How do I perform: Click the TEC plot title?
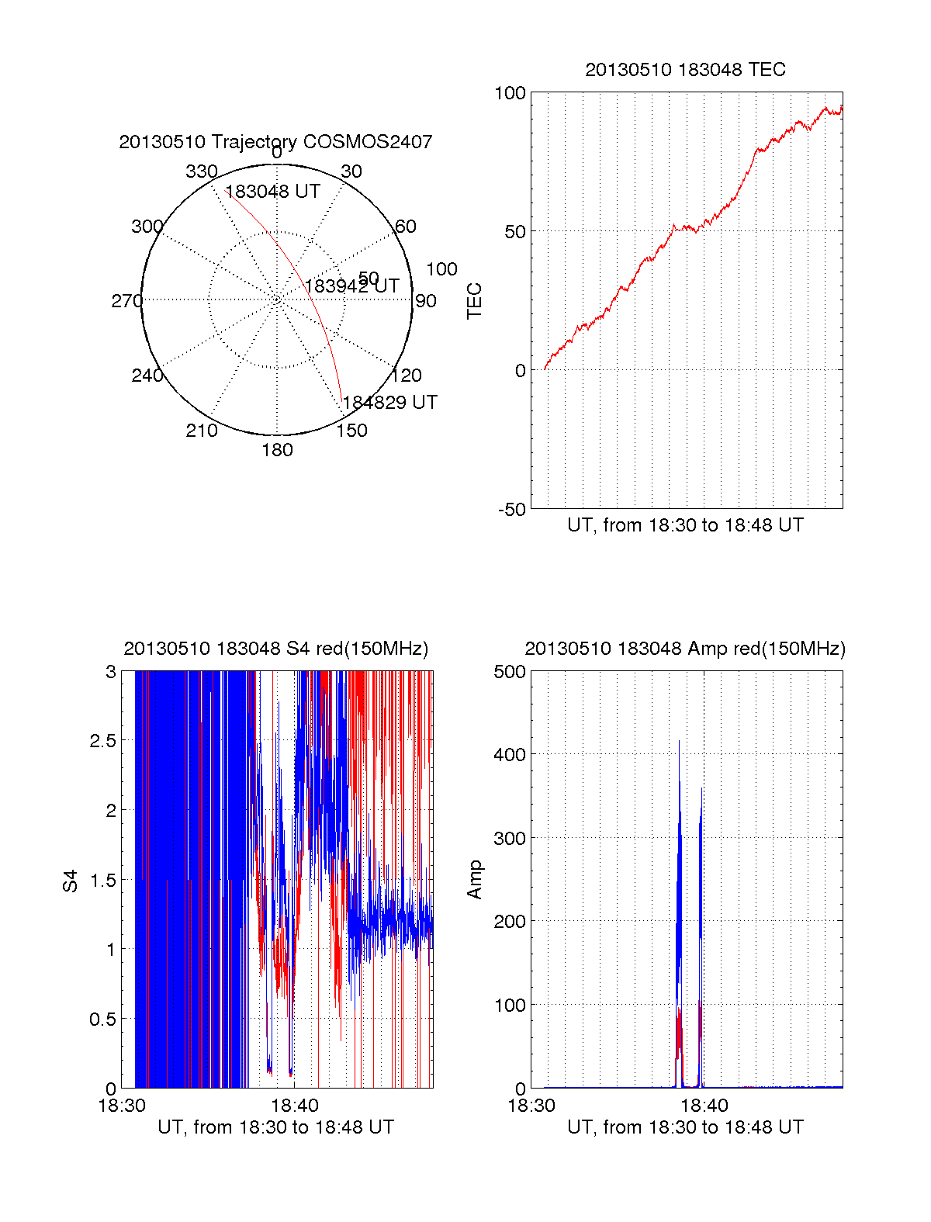click(685, 70)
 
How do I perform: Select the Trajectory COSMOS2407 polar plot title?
click(275, 142)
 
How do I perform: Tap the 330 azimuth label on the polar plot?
click(201, 171)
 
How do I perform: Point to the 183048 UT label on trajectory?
click(272, 192)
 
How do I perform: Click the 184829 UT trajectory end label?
click(390, 403)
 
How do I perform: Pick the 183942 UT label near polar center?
click(351, 286)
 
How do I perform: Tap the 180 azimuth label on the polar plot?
click(277, 450)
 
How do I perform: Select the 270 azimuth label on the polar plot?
click(126, 301)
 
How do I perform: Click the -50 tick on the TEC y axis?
click(511, 510)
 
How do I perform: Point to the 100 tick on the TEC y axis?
click(510, 93)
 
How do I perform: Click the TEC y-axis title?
click(474, 301)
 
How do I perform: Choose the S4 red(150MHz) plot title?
click(275, 649)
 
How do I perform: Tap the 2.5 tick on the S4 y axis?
click(103, 741)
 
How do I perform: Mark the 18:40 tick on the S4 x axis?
click(294, 1106)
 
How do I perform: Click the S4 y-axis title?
click(71, 881)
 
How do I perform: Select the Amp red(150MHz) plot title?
click(685, 649)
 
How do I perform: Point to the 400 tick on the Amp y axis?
click(510, 754)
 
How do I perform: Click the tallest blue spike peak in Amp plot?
click(679, 742)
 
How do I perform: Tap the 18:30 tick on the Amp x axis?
click(531, 1106)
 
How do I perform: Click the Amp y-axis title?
click(474, 880)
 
